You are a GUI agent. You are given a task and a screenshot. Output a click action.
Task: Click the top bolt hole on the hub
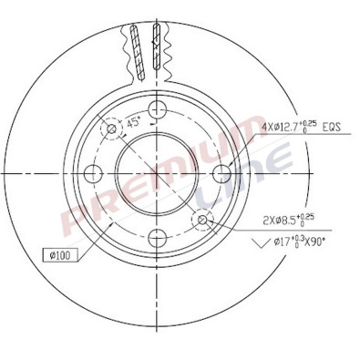pos(157,109)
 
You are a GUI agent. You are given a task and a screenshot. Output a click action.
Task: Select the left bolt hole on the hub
pos(92,173)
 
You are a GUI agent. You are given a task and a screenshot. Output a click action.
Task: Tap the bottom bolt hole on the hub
pos(157,238)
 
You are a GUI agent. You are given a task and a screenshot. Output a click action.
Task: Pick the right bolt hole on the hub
pos(221,173)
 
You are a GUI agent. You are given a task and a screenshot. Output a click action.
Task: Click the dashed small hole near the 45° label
pos(112,129)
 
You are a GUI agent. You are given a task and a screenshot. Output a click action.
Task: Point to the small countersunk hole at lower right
pos(202,219)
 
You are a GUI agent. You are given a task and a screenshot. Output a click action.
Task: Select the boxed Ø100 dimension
pos(59,254)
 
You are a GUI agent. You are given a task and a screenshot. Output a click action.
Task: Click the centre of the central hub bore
pos(157,173)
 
